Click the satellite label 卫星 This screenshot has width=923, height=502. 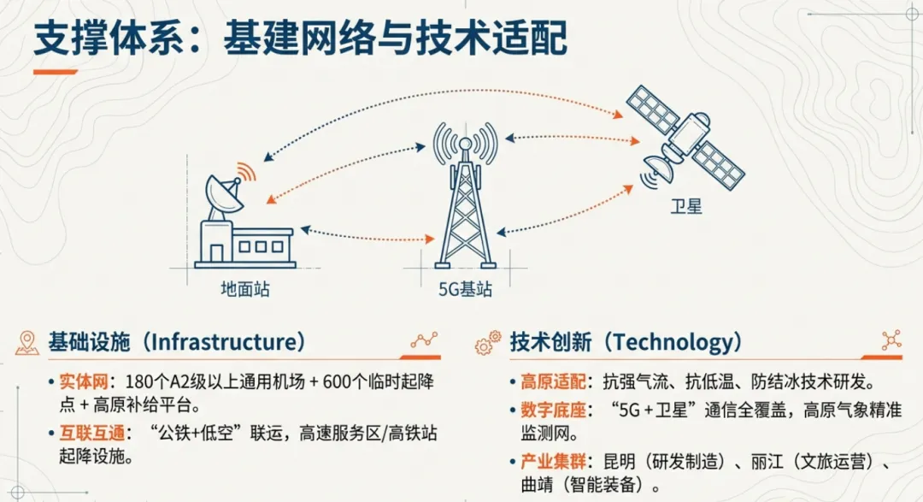686,206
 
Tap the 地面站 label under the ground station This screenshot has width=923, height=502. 244,288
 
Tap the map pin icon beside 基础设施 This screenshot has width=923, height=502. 27,343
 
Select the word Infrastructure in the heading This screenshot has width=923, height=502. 225,343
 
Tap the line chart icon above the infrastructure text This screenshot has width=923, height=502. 424,340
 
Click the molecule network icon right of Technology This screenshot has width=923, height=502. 891,338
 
